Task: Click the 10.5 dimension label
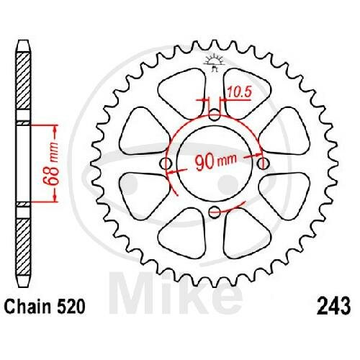coord(239,92)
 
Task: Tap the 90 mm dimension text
coord(216,161)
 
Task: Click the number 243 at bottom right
coord(333,306)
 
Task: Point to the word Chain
coord(28,307)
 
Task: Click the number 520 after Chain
coord(70,307)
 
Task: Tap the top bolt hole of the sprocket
coord(215,114)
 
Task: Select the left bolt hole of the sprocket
coord(166,164)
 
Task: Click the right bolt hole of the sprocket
coord(264,163)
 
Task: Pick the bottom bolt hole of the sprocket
coord(215,211)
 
